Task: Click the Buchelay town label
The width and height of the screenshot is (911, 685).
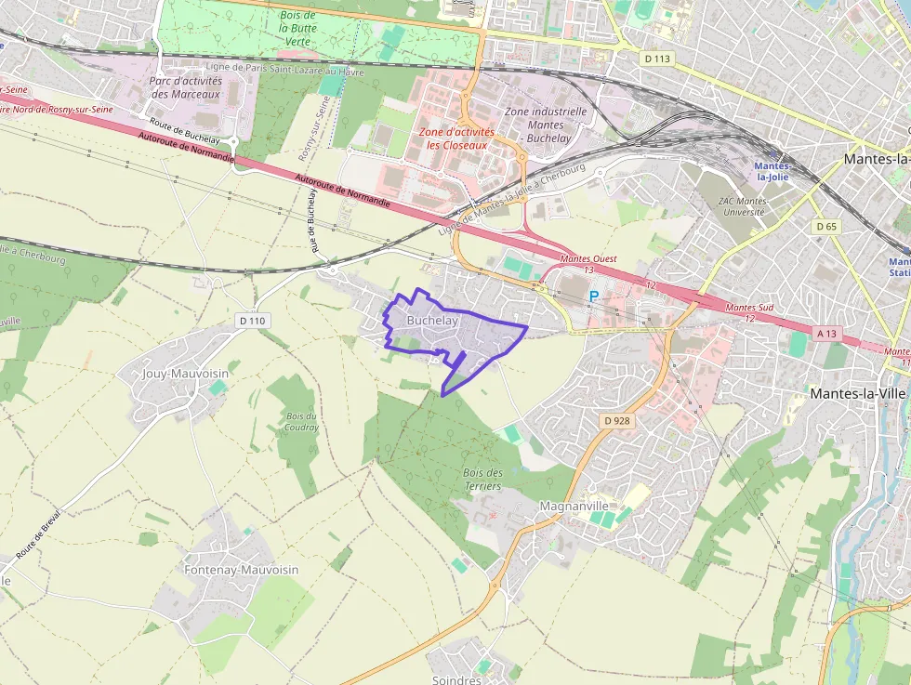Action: point(432,320)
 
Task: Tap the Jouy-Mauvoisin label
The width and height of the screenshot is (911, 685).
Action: point(185,374)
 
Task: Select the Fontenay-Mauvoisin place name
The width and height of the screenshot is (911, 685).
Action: point(229,569)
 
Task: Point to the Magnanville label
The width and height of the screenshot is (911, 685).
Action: point(574,506)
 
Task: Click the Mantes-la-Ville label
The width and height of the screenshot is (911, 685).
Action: point(857,393)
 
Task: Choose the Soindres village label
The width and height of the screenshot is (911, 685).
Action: point(456,679)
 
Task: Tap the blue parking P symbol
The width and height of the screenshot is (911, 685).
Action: point(594,296)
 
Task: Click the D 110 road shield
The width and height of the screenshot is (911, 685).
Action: point(252,321)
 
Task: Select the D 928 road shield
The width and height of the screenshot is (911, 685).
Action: point(616,421)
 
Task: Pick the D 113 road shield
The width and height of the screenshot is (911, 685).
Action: point(656,59)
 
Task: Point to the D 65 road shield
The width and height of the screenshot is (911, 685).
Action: point(825,226)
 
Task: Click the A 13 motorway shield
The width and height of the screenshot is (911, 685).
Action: point(826,333)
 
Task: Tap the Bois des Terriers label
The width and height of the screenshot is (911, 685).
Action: point(482,480)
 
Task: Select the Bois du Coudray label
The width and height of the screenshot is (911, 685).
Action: point(303,421)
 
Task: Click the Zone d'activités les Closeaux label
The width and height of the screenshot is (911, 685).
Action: point(456,138)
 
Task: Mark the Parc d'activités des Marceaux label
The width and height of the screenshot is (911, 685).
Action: point(185,87)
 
